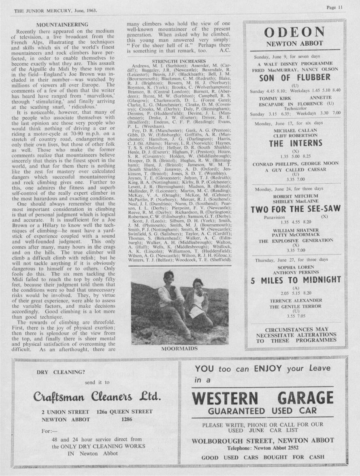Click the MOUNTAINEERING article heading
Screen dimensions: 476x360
point(62,25)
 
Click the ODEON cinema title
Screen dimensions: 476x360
point(294,32)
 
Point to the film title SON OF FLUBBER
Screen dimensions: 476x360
point(295,77)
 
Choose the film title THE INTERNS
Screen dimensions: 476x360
point(295,143)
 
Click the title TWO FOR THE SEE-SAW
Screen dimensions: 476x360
point(296,209)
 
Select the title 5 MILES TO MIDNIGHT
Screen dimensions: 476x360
point(295,280)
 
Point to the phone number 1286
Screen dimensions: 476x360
point(127,419)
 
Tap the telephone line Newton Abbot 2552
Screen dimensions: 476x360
point(263,448)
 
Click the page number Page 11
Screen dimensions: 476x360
point(335,7)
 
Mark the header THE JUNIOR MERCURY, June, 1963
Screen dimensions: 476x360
point(56,11)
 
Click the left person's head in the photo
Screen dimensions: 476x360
point(168,277)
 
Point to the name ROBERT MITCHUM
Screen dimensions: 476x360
point(295,195)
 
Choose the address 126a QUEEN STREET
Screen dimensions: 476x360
point(125,412)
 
